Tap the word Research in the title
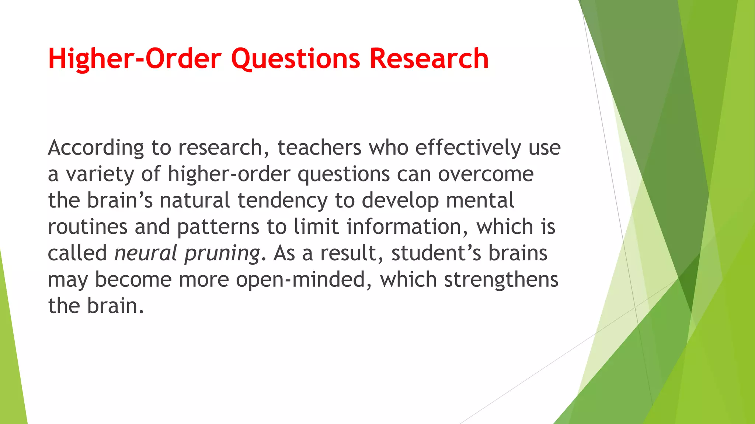tap(429, 59)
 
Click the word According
tap(96, 148)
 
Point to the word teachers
tap(319, 148)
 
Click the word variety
tap(100, 174)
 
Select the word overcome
tap(486, 174)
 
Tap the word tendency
tap(282, 201)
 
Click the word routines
tap(88, 227)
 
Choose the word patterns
tap(218, 227)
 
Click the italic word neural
tap(146, 254)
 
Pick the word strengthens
tap(501, 280)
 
